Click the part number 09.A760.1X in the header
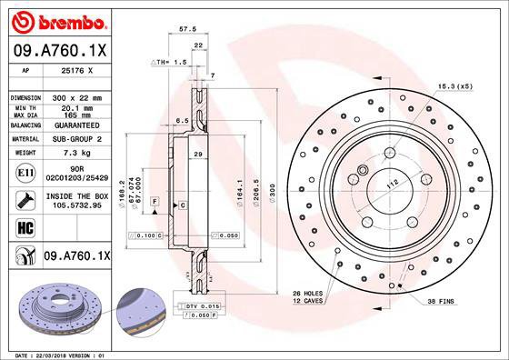(59, 50)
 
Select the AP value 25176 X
(75, 69)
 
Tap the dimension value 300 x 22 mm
(76, 96)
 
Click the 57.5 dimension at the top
(189, 29)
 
